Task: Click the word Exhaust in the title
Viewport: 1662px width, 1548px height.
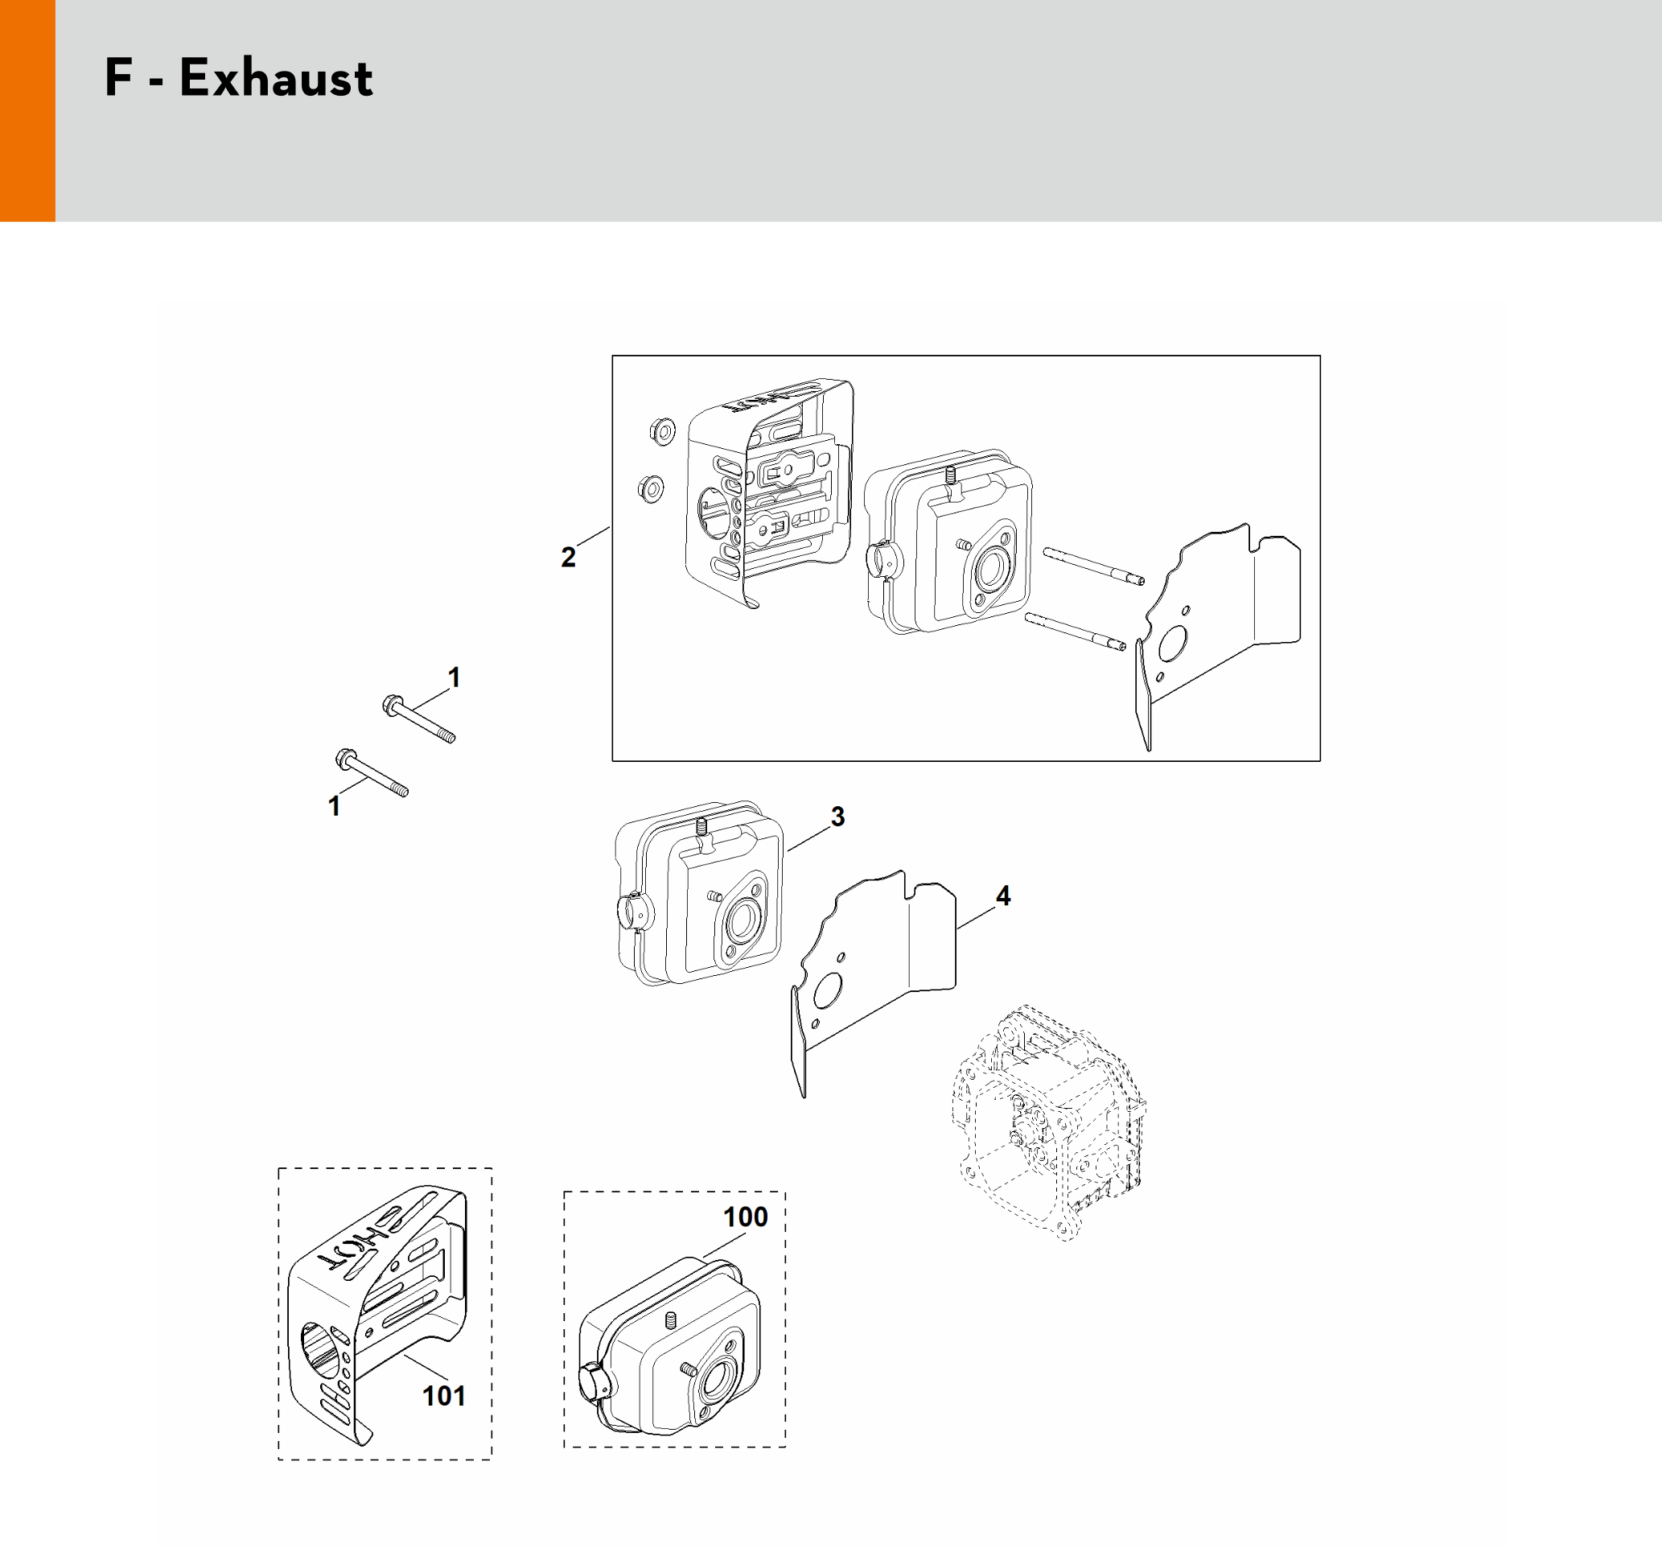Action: [x=276, y=79]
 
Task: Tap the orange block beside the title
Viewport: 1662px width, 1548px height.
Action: [x=27, y=110]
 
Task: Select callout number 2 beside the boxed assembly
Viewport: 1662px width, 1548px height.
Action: [x=569, y=557]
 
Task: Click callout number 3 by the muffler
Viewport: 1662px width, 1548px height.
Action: [x=837, y=816]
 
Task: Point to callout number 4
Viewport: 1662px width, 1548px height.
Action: [x=1003, y=895]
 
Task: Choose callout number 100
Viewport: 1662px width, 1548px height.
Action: [x=745, y=1216]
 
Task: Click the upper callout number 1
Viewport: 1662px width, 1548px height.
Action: [x=454, y=677]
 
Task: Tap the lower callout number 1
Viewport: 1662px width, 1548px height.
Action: [x=335, y=806]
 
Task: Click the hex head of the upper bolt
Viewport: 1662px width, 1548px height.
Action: [x=391, y=705]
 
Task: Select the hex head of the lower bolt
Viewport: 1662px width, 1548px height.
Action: [x=344, y=758]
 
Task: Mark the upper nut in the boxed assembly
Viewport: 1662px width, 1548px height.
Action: [x=661, y=431]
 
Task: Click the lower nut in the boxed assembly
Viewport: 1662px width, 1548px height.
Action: [x=651, y=488]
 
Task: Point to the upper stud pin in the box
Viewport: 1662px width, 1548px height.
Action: [x=1093, y=566]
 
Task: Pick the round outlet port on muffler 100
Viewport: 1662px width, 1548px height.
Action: [x=714, y=1382]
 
